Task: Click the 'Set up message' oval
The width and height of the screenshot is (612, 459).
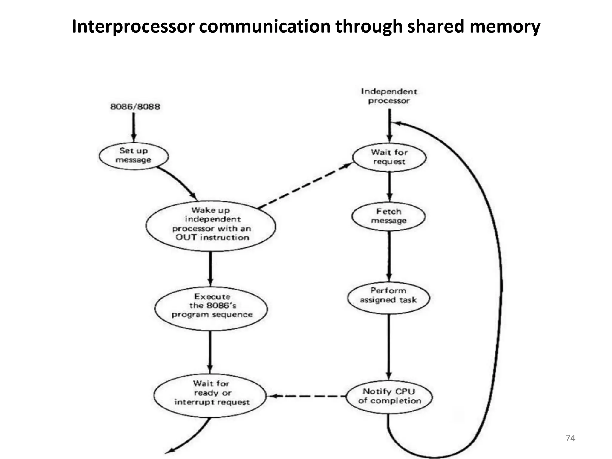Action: [x=134, y=156]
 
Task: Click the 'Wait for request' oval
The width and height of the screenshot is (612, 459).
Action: [x=389, y=157]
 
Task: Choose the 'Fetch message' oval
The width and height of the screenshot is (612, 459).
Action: [x=388, y=216]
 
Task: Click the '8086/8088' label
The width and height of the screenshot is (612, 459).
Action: [x=135, y=107]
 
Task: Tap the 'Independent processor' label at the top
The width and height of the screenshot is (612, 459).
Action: [x=389, y=96]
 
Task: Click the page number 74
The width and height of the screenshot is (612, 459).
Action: [x=570, y=438]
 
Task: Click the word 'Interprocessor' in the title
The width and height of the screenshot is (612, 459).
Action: [x=133, y=26]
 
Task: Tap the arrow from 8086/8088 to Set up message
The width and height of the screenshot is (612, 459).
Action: [x=134, y=127]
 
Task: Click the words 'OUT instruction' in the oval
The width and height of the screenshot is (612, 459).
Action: [x=212, y=238]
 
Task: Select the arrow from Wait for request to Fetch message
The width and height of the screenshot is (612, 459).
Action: [x=389, y=186]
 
